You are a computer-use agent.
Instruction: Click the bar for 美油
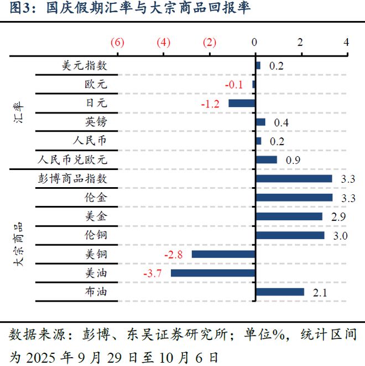213,273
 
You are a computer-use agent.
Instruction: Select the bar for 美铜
223,254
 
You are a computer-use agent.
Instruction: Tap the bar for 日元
242,103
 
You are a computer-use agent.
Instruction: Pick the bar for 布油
280,292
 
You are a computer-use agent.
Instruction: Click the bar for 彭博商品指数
294,178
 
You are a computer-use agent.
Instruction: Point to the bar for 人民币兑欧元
266,159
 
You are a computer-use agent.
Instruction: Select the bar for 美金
289,216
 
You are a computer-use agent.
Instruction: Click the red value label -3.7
153,274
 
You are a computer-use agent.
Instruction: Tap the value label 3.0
340,236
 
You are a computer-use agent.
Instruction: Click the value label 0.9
293,160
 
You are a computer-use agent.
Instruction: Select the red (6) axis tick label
117,43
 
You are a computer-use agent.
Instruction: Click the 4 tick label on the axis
346,43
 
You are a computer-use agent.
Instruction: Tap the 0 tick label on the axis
254,43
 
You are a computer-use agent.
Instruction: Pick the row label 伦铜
95,235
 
